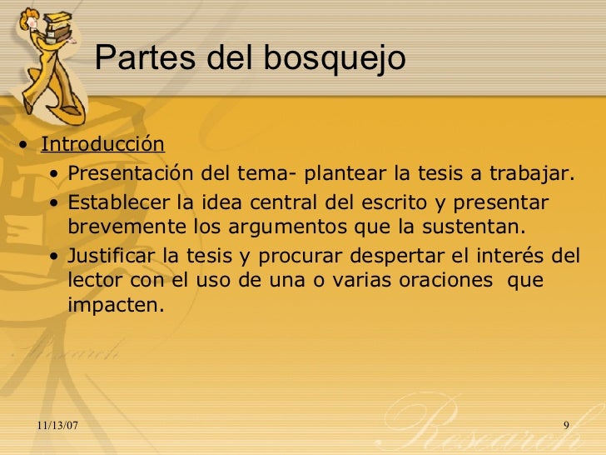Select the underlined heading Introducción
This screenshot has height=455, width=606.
[x=103, y=143]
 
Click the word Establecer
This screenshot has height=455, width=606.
[x=119, y=202]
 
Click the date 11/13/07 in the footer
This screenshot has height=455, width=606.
[x=59, y=427]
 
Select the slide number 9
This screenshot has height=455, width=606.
[x=566, y=427]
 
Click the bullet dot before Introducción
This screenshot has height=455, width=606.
[x=28, y=146]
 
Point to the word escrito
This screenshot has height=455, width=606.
[x=399, y=202]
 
